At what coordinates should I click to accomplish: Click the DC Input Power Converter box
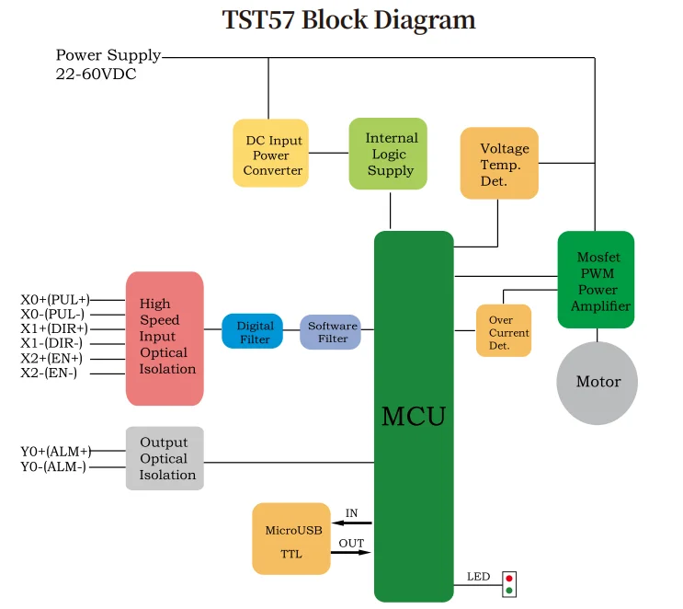271,153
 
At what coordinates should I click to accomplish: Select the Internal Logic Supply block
388,154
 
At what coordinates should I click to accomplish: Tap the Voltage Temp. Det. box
499,163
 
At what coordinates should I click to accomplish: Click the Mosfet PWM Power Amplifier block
596,280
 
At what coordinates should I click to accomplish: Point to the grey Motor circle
598,383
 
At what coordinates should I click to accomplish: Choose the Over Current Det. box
504,330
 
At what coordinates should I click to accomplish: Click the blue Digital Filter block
252,331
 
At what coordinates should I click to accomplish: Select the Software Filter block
330,332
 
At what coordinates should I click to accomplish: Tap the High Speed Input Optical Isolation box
165,339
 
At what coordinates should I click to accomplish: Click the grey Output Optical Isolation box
165,458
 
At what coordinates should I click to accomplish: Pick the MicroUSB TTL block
291,538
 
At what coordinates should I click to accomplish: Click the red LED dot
509,579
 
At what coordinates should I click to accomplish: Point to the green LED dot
509,591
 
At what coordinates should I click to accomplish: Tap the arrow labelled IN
352,523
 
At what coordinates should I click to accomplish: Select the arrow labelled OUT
350,552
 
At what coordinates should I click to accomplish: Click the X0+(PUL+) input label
55,300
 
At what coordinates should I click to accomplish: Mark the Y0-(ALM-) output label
53,466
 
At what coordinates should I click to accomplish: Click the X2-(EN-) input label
49,373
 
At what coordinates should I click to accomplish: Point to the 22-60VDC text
96,74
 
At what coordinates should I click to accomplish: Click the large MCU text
414,416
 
